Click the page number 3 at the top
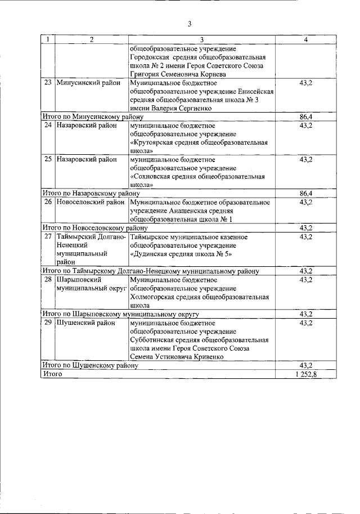[190, 24]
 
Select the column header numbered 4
[305, 41]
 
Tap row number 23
[48, 83]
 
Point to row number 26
[48, 202]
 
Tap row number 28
[48, 279]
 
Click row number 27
[48, 236]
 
